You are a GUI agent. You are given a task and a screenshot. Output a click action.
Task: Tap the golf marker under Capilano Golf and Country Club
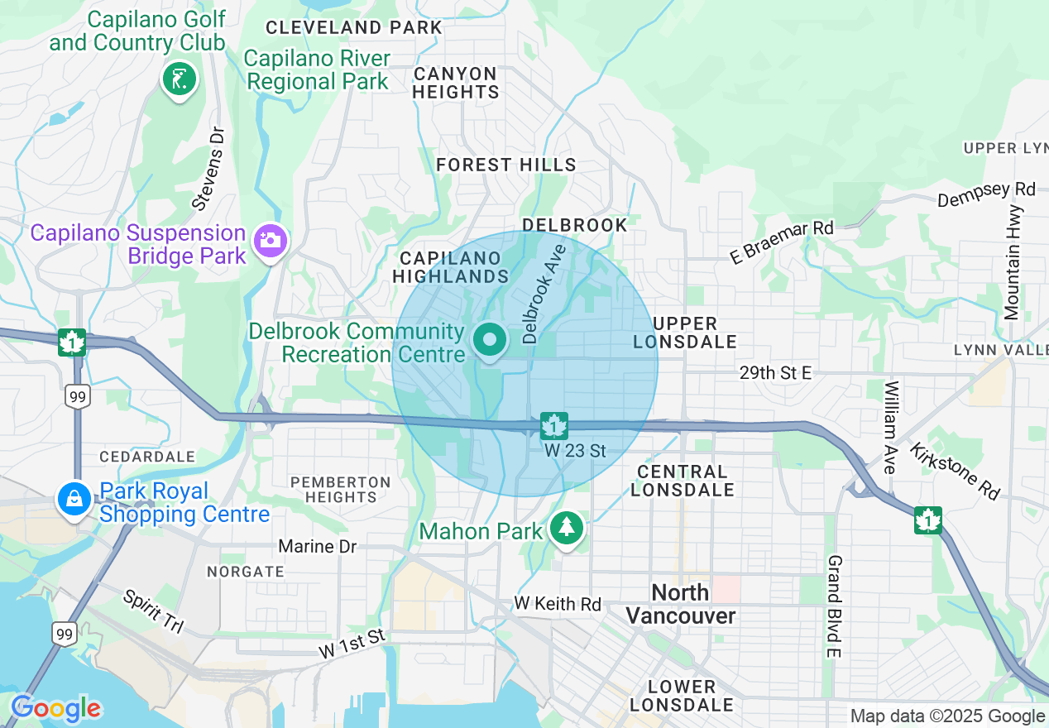pos(180,79)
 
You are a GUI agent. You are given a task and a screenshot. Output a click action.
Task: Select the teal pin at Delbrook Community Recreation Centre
pos(491,340)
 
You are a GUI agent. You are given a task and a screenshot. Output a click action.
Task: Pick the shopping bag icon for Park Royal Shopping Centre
pos(74,498)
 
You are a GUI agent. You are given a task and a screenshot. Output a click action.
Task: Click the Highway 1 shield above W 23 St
pos(553,426)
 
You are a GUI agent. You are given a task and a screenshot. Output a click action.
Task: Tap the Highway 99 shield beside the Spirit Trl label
pos(64,635)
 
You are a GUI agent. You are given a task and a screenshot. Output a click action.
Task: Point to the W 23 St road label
pos(575,451)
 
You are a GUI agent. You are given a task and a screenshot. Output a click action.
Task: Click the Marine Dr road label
pos(317,546)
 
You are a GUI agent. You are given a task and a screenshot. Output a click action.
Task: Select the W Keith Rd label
pos(557,604)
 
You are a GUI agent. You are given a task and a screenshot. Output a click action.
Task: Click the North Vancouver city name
pos(680,604)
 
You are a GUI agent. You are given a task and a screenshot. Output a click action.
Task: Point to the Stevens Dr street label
pos(208,168)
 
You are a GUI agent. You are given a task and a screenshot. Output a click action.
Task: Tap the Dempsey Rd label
pos(986,194)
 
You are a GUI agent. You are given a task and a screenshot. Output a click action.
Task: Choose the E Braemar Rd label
pos(781,242)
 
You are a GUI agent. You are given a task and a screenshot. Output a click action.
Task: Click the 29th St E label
pos(775,373)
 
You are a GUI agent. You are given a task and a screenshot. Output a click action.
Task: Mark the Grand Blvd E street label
pos(833,606)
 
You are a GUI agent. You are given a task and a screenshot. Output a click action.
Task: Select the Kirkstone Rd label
pos(955,471)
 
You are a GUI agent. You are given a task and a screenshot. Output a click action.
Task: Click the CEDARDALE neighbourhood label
pos(147,457)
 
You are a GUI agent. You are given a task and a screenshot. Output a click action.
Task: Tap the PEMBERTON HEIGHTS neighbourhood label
pos(340,489)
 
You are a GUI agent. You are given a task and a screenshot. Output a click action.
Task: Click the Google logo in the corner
pos(55,708)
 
